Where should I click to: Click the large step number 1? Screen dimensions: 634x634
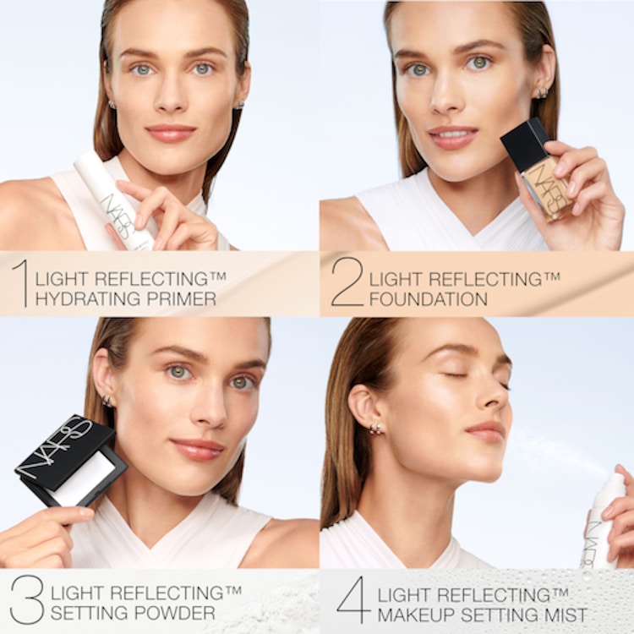coord(19,283)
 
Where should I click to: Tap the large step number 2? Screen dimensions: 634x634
coord(347,283)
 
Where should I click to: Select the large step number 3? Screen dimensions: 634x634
coord(26,599)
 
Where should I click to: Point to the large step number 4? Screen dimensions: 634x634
coord(353,599)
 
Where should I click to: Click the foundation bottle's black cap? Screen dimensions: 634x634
coord(525,143)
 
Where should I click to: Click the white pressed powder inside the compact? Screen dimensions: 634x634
coord(85,478)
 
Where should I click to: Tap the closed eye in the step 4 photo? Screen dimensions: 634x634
coord(459,374)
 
